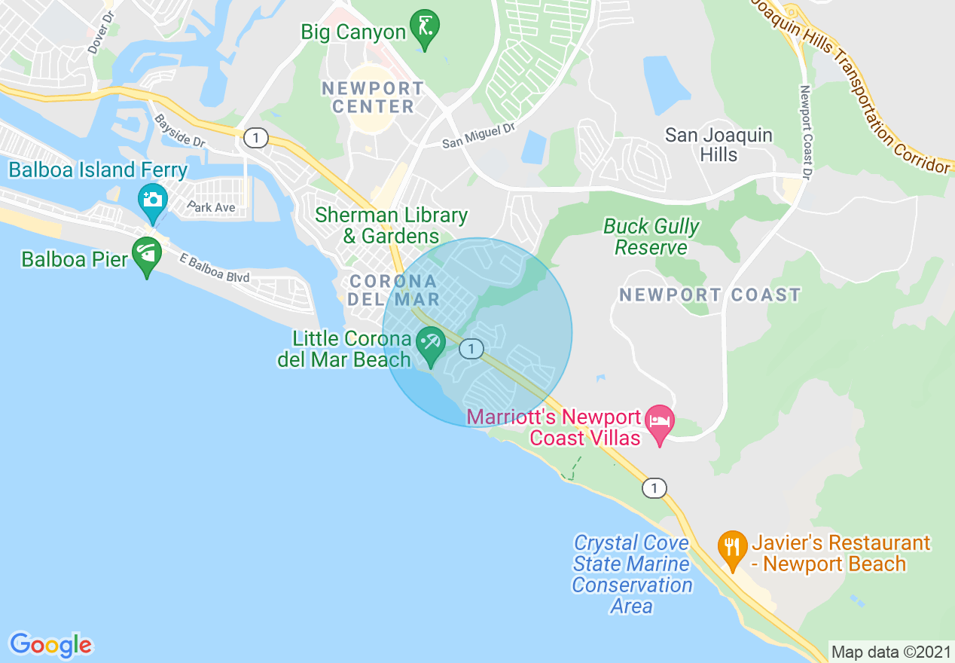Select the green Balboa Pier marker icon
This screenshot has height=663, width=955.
[x=147, y=255]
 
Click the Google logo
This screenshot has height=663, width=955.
[x=50, y=645]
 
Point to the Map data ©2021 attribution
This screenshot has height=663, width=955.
[x=891, y=651]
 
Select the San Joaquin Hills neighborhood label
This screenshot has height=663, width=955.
[x=719, y=145]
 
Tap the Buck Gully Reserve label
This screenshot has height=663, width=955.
[x=651, y=237]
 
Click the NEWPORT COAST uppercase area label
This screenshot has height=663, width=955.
[x=710, y=295]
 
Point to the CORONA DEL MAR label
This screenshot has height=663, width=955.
[x=393, y=290]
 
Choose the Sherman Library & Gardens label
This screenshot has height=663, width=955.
[x=391, y=225]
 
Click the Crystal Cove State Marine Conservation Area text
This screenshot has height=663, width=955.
[x=632, y=574]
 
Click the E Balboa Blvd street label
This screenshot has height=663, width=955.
[x=215, y=267]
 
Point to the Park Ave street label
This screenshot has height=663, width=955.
[x=212, y=207]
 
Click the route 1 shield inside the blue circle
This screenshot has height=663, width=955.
[x=471, y=349]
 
